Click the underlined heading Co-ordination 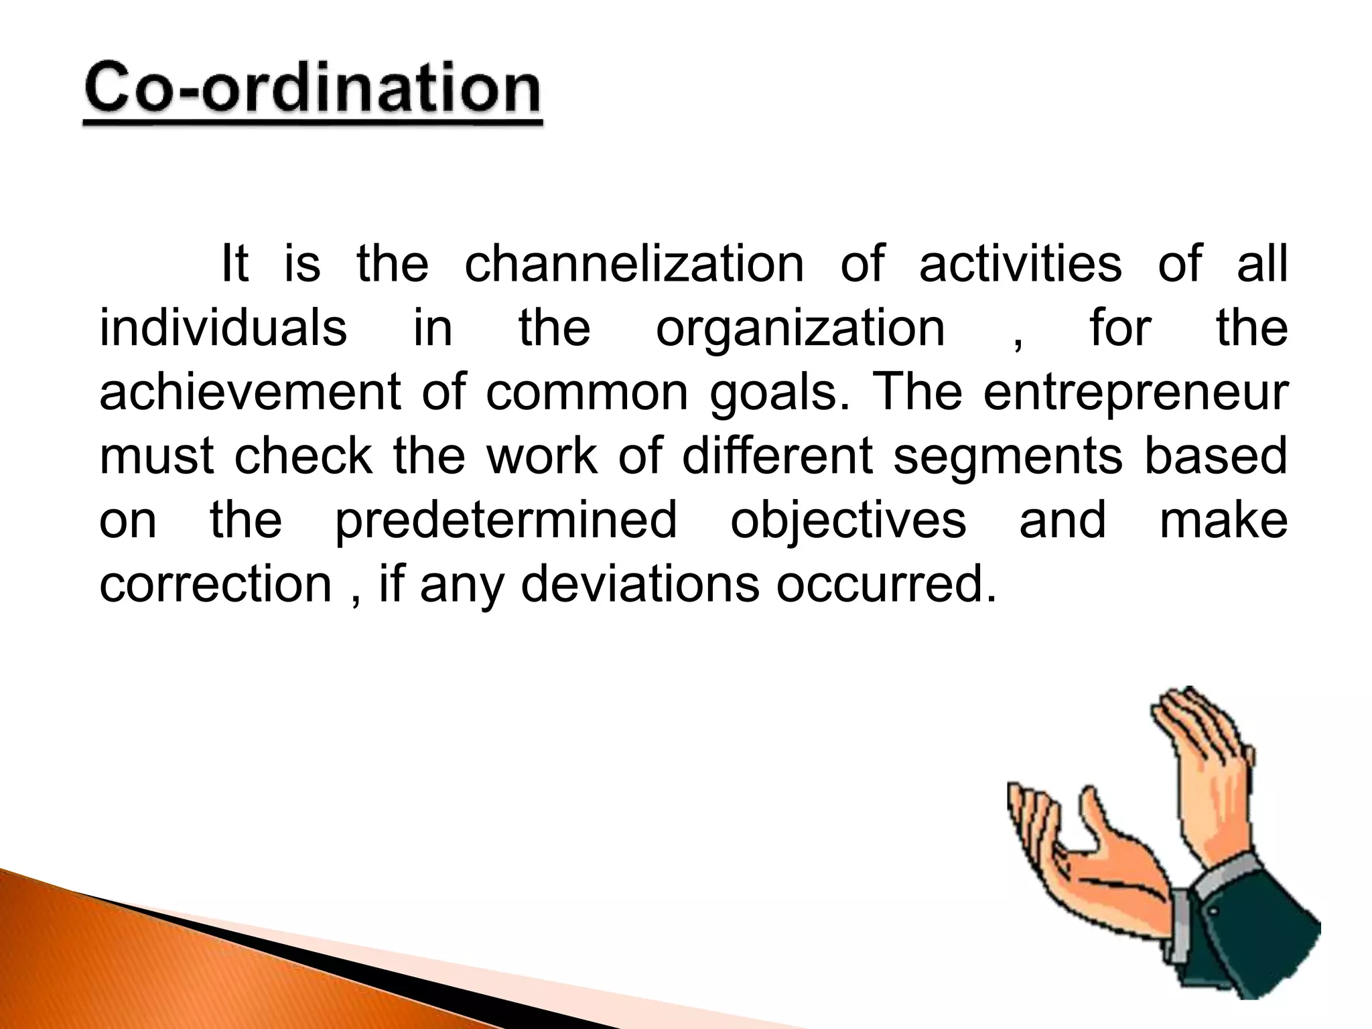(x=312, y=90)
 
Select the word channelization (x=634, y=263)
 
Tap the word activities (x=1020, y=263)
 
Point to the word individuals (x=223, y=328)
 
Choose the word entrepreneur (x=1135, y=394)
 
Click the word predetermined (x=506, y=522)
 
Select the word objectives (x=848, y=522)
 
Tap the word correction (x=216, y=584)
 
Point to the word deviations (x=640, y=584)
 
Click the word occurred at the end (x=886, y=584)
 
